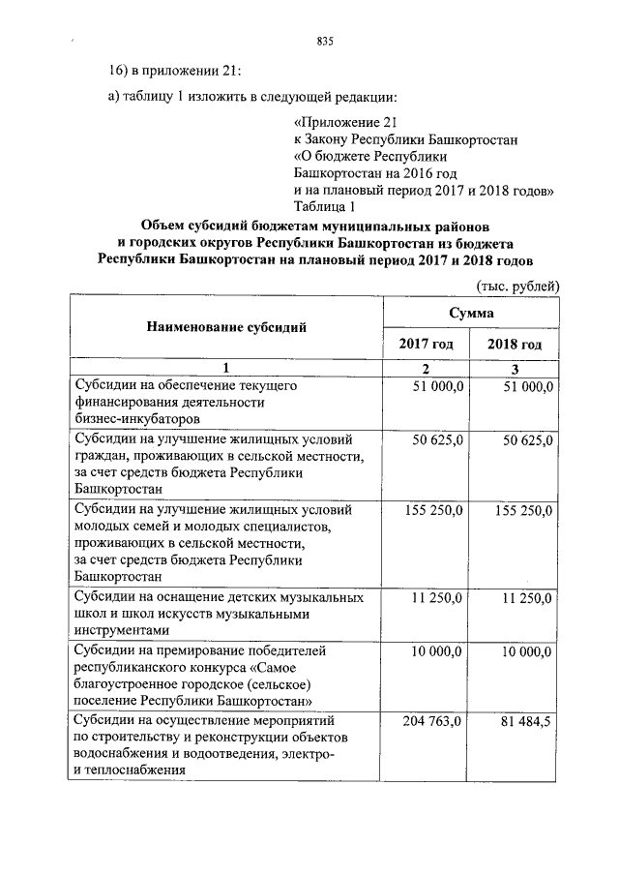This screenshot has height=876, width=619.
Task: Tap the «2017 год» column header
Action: (x=427, y=345)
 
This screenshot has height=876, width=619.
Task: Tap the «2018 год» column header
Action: (x=515, y=345)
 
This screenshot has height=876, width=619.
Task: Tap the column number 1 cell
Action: (x=225, y=368)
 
